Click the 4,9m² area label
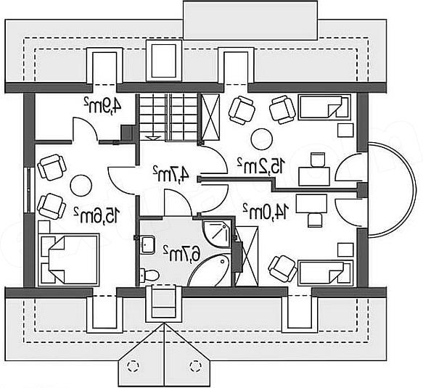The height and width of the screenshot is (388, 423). [x=102, y=104]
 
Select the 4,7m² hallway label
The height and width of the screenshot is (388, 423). [x=171, y=173]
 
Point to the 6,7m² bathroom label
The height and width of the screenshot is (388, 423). [x=181, y=253]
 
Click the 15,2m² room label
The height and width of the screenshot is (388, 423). [x=261, y=165]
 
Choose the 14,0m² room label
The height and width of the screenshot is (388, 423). [x=266, y=212]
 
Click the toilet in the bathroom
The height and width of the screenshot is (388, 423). [x=149, y=276]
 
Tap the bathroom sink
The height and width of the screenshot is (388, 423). [x=147, y=244]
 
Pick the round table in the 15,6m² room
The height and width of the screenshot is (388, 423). [x=81, y=186]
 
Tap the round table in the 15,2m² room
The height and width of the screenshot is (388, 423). [x=262, y=139]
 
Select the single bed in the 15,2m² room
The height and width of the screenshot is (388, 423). [x=324, y=107]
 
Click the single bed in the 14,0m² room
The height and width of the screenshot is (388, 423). [x=325, y=273]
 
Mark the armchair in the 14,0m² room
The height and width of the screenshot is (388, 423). [x=282, y=268]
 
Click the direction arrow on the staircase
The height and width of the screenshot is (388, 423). [x=153, y=137]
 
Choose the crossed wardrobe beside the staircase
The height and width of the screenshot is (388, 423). [x=210, y=117]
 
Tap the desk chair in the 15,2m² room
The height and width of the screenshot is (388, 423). [x=318, y=160]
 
